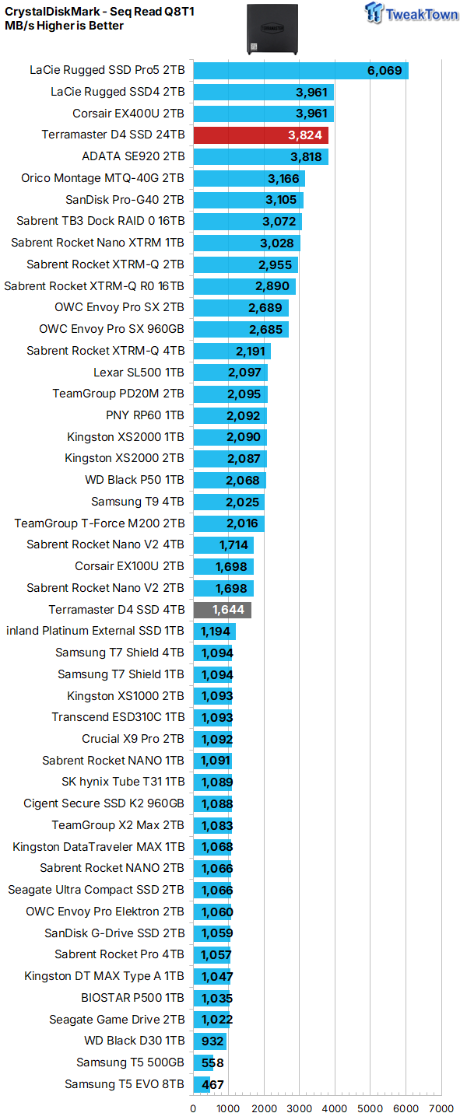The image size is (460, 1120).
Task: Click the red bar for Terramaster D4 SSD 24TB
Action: pos(260,135)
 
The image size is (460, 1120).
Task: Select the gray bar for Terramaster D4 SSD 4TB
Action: pos(222,610)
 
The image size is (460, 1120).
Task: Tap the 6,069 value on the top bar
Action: pos(384,71)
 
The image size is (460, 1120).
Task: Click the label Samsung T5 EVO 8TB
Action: pos(125,1084)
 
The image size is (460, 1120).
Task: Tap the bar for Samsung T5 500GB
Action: pos(203,1062)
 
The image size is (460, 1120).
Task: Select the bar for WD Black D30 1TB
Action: pos(209,1041)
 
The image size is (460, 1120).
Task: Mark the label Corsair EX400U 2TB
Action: pos(118,114)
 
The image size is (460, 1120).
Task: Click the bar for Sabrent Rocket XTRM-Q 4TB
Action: pos(232,351)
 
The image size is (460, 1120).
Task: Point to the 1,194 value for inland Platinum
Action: pos(216,632)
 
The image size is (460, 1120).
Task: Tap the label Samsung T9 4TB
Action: pos(138,502)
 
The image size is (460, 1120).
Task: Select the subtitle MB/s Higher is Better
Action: pos(64,26)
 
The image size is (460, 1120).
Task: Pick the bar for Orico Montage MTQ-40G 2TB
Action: pos(249,179)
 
